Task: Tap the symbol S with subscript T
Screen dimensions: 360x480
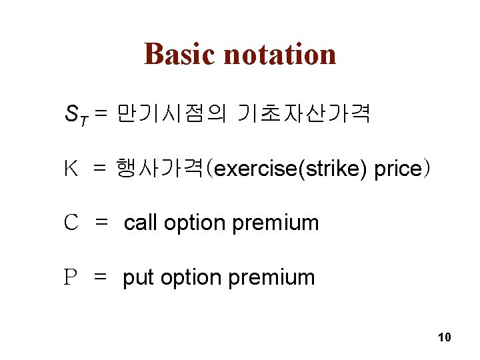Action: (72, 116)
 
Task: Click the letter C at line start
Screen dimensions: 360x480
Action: (71, 223)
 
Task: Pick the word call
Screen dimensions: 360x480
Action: (141, 223)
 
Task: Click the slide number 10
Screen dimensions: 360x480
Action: (445, 337)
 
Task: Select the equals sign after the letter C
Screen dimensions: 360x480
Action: (102, 223)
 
